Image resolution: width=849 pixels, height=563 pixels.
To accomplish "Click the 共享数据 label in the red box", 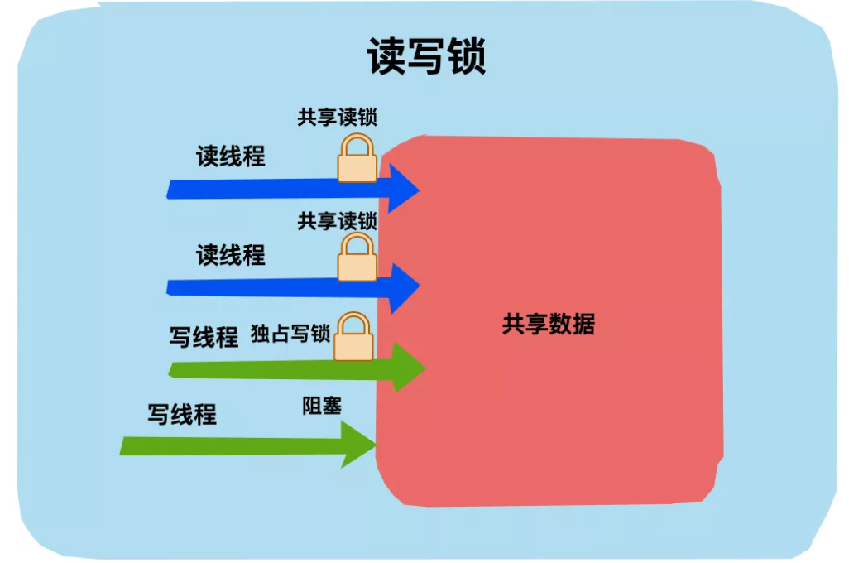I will click(x=548, y=324).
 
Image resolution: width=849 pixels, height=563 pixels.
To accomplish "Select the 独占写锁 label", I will click(x=290, y=335).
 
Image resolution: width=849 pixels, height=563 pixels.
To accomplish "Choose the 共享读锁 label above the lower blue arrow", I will click(x=337, y=221).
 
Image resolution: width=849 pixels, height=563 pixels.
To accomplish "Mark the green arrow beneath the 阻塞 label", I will click(x=240, y=445).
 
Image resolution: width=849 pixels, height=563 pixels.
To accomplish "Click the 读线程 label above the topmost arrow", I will click(x=231, y=156).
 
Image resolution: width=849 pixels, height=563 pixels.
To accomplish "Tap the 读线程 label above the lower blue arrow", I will click(x=231, y=255).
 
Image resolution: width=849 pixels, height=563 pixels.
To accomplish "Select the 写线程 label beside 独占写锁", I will click(x=204, y=337).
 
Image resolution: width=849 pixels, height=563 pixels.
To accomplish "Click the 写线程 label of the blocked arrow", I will click(x=182, y=414).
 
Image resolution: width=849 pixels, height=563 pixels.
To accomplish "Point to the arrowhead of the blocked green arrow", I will click(x=358, y=445).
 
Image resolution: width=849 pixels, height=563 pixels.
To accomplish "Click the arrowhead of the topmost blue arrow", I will click(x=402, y=189).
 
